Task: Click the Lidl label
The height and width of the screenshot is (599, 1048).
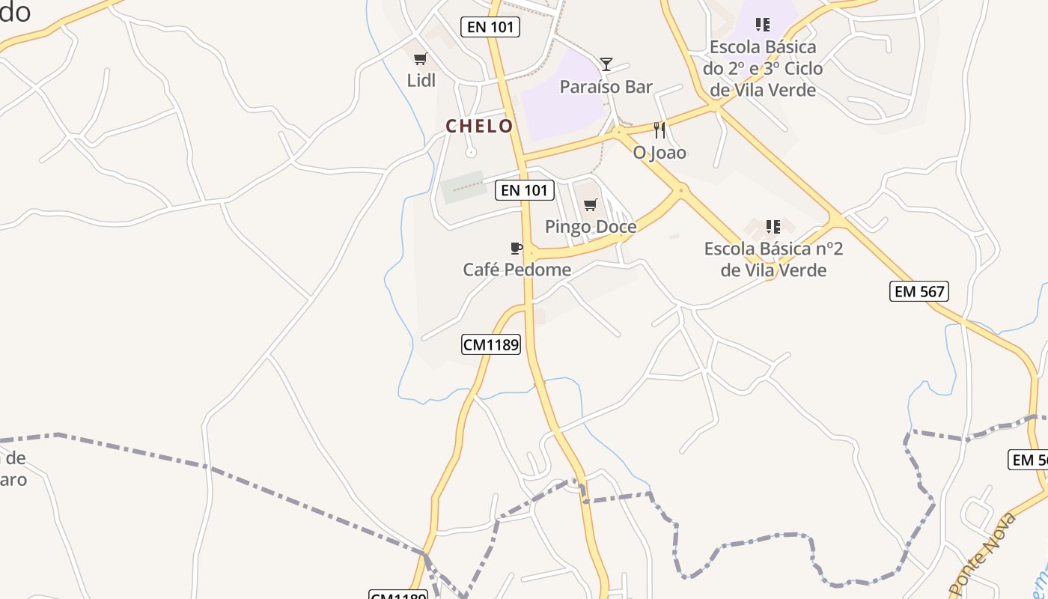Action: click(421, 80)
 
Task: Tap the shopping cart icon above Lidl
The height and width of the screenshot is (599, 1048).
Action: click(420, 58)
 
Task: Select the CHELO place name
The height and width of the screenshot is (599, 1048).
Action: click(480, 126)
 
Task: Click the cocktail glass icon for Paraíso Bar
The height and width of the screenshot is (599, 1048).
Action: click(606, 64)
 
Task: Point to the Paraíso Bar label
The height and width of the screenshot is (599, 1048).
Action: click(606, 87)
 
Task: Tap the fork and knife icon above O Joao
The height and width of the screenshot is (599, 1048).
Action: click(659, 130)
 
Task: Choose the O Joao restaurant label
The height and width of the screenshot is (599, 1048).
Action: click(659, 153)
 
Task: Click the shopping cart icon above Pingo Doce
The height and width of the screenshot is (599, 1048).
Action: click(591, 204)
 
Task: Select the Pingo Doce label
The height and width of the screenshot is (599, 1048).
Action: click(591, 227)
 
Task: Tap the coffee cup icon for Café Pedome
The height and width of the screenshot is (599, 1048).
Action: click(517, 248)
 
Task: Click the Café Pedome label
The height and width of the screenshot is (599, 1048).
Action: click(517, 270)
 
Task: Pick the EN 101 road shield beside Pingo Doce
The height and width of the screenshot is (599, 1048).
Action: click(525, 190)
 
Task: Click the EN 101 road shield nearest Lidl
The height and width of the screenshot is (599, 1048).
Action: click(490, 27)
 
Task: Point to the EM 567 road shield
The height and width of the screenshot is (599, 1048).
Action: click(919, 291)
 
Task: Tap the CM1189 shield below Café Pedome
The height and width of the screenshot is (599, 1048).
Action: click(490, 344)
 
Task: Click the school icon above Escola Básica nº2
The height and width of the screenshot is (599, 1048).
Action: click(773, 226)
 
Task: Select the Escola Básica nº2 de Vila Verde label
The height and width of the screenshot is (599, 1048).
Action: click(773, 259)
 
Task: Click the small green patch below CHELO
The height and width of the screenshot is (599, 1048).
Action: click(462, 187)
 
